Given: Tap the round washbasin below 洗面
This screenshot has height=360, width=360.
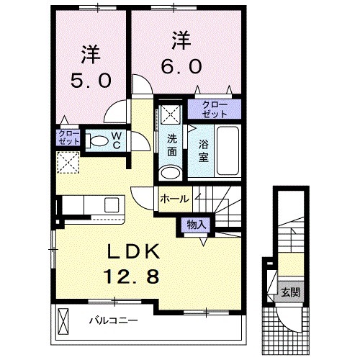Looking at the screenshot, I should (x=171, y=173).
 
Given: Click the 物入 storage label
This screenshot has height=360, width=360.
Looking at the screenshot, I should (x=196, y=225).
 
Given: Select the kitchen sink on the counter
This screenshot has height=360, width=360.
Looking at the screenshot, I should (x=112, y=204).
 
